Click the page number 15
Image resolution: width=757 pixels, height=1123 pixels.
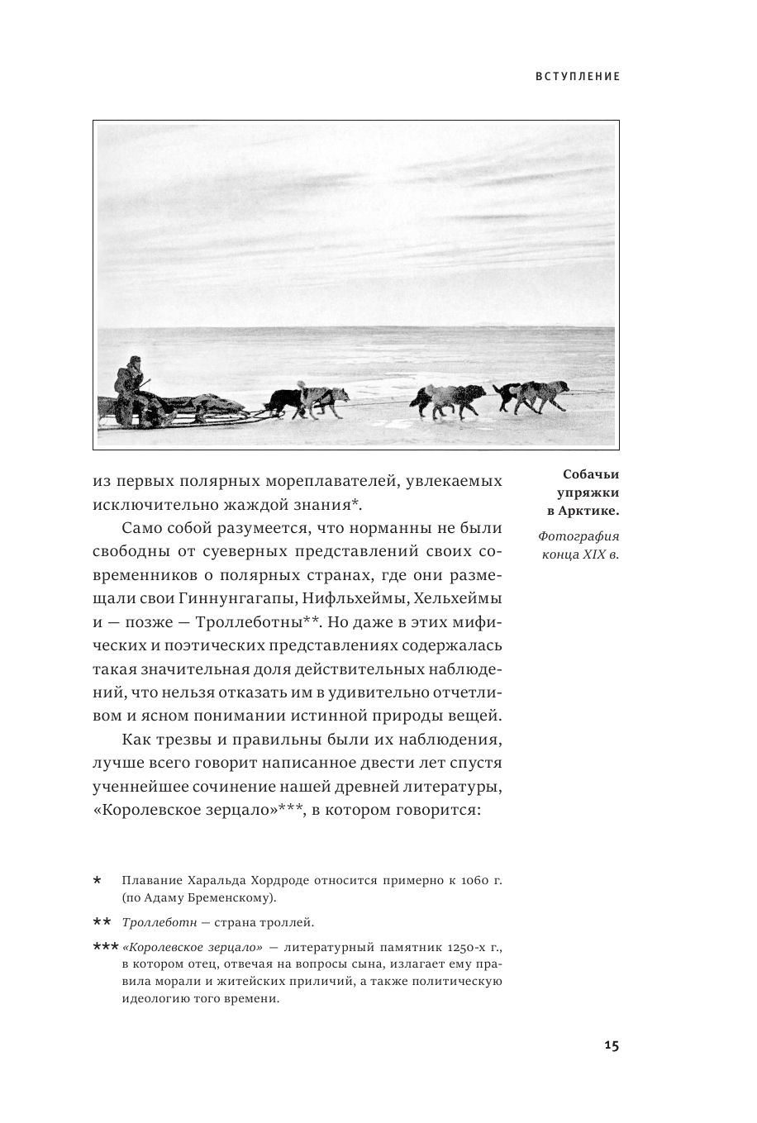pos(611,1045)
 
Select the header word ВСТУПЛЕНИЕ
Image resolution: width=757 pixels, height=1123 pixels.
pos(578,76)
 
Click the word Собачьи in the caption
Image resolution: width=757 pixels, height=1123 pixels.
pos(590,474)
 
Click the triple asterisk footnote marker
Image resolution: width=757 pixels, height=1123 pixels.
pos(105,948)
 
